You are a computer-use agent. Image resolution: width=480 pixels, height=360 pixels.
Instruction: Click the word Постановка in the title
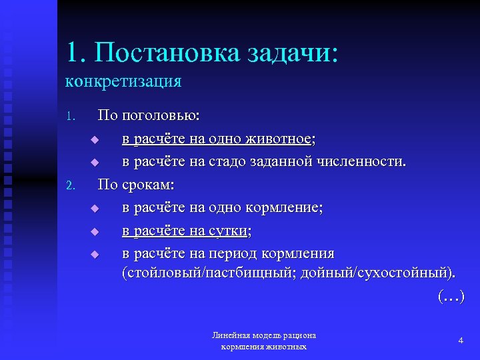click(x=163, y=53)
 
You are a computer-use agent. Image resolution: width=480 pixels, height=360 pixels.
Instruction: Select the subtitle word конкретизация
click(x=123, y=81)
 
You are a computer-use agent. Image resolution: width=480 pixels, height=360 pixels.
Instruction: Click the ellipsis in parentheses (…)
click(x=451, y=296)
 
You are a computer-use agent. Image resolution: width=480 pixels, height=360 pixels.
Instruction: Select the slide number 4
click(x=461, y=341)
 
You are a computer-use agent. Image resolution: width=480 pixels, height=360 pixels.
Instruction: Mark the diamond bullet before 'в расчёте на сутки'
click(x=95, y=232)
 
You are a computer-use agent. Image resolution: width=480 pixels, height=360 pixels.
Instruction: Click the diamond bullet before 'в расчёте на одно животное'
click(x=95, y=140)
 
